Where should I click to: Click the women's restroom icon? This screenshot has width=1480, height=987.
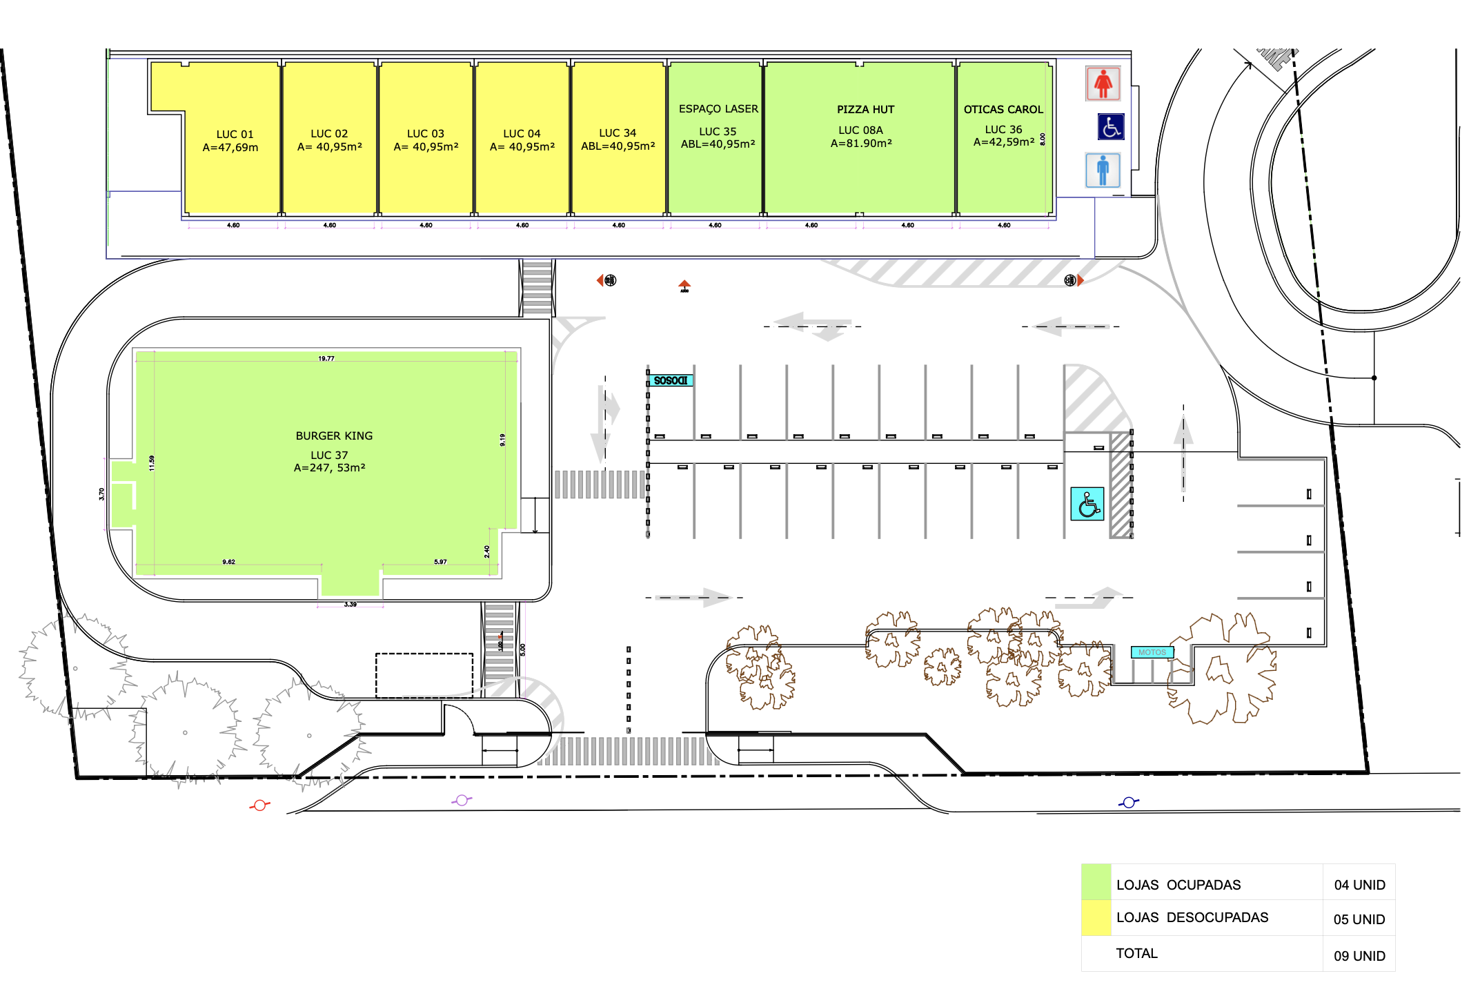pyautogui.click(x=1103, y=84)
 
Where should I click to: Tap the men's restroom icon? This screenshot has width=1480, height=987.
pyautogui.click(x=1103, y=170)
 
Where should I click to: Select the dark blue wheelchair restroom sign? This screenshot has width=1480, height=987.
pyautogui.click(x=1111, y=127)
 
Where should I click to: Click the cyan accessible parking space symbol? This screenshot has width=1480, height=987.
pyautogui.click(x=1087, y=504)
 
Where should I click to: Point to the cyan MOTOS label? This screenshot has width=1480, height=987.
pyautogui.click(x=1152, y=652)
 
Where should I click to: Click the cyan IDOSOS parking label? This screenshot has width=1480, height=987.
pyautogui.click(x=671, y=380)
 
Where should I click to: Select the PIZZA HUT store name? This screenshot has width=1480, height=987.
pyautogui.click(x=865, y=110)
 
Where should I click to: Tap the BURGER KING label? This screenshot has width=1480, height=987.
pyautogui.click(x=334, y=436)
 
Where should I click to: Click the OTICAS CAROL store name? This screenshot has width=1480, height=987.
pyautogui.click(x=1003, y=110)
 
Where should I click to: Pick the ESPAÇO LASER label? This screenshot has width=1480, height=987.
pyautogui.click(x=718, y=109)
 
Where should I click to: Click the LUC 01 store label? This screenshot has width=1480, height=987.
pyautogui.click(x=235, y=135)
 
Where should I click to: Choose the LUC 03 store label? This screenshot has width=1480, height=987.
pyautogui.click(x=426, y=134)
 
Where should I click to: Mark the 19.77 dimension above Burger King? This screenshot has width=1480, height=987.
pyautogui.click(x=326, y=359)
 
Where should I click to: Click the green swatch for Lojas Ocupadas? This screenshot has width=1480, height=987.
pyautogui.click(x=1096, y=882)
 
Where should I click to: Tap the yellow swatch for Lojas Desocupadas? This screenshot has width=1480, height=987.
pyautogui.click(x=1096, y=918)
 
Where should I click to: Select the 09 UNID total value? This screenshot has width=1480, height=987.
pyautogui.click(x=1359, y=956)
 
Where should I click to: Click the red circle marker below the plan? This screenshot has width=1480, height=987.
pyautogui.click(x=259, y=805)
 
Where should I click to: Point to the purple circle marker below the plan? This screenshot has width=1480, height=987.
pyautogui.click(x=462, y=800)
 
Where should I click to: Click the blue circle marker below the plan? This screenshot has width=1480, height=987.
pyautogui.click(x=1129, y=802)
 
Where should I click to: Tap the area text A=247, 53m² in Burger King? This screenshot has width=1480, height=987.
pyautogui.click(x=330, y=468)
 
